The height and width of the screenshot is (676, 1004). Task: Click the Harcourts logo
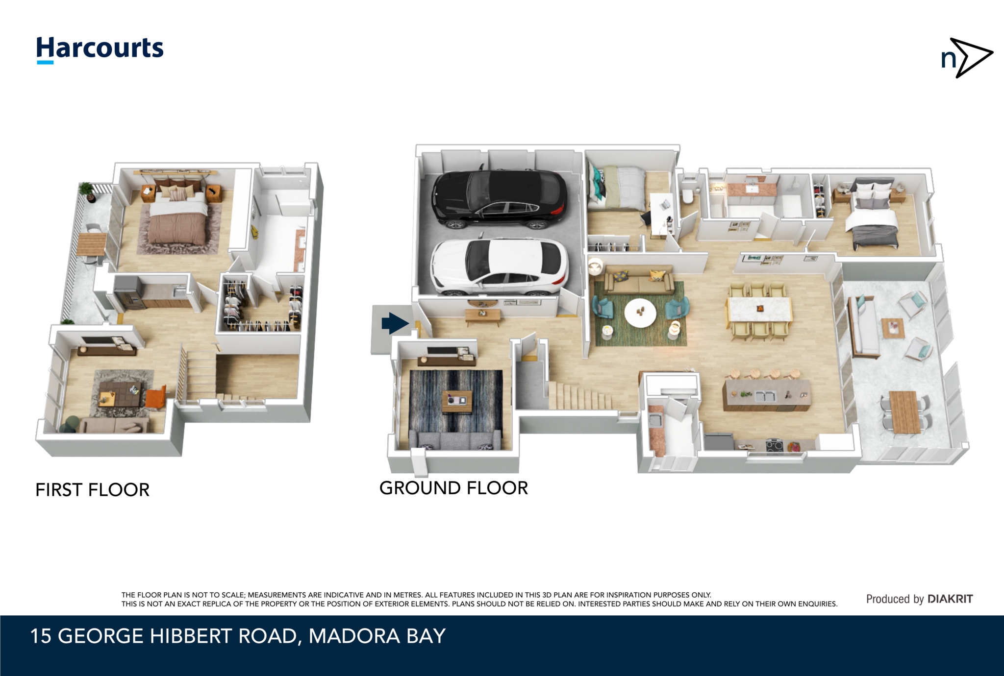click(100, 49)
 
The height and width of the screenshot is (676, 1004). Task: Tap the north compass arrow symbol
click(967, 58)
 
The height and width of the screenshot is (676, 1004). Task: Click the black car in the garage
click(499, 199)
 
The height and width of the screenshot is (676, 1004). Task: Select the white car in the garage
click(499, 267)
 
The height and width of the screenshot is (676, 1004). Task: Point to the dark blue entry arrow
click(395, 323)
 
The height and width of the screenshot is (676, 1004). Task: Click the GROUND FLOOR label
click(453, 488)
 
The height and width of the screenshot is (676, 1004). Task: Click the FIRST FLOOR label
click(92, 490)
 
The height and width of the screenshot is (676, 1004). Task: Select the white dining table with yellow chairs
click(758, 310)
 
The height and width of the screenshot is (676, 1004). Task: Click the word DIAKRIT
click(950, 599)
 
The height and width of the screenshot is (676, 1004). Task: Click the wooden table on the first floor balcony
click(91, 243)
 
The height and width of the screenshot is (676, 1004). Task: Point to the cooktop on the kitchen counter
click(775, 446)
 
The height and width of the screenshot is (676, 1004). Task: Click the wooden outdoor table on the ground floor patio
click(904, 412)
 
